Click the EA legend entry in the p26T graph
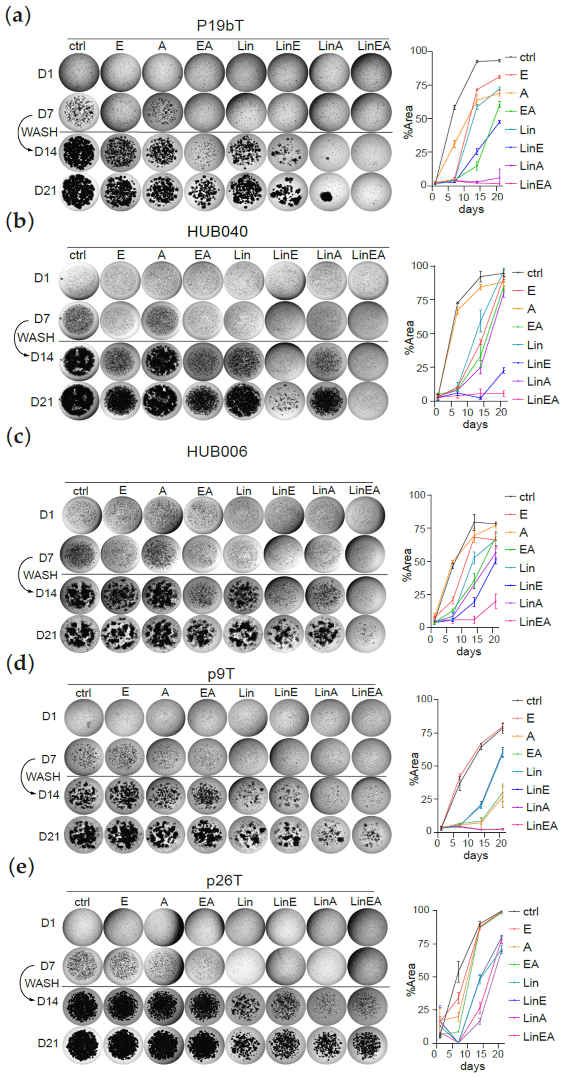click(x=530, y=964)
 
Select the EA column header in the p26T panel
click(x=206, y=902)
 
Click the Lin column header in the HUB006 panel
click(x=243, y=490)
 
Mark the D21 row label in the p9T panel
click(x=49, y=837)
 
